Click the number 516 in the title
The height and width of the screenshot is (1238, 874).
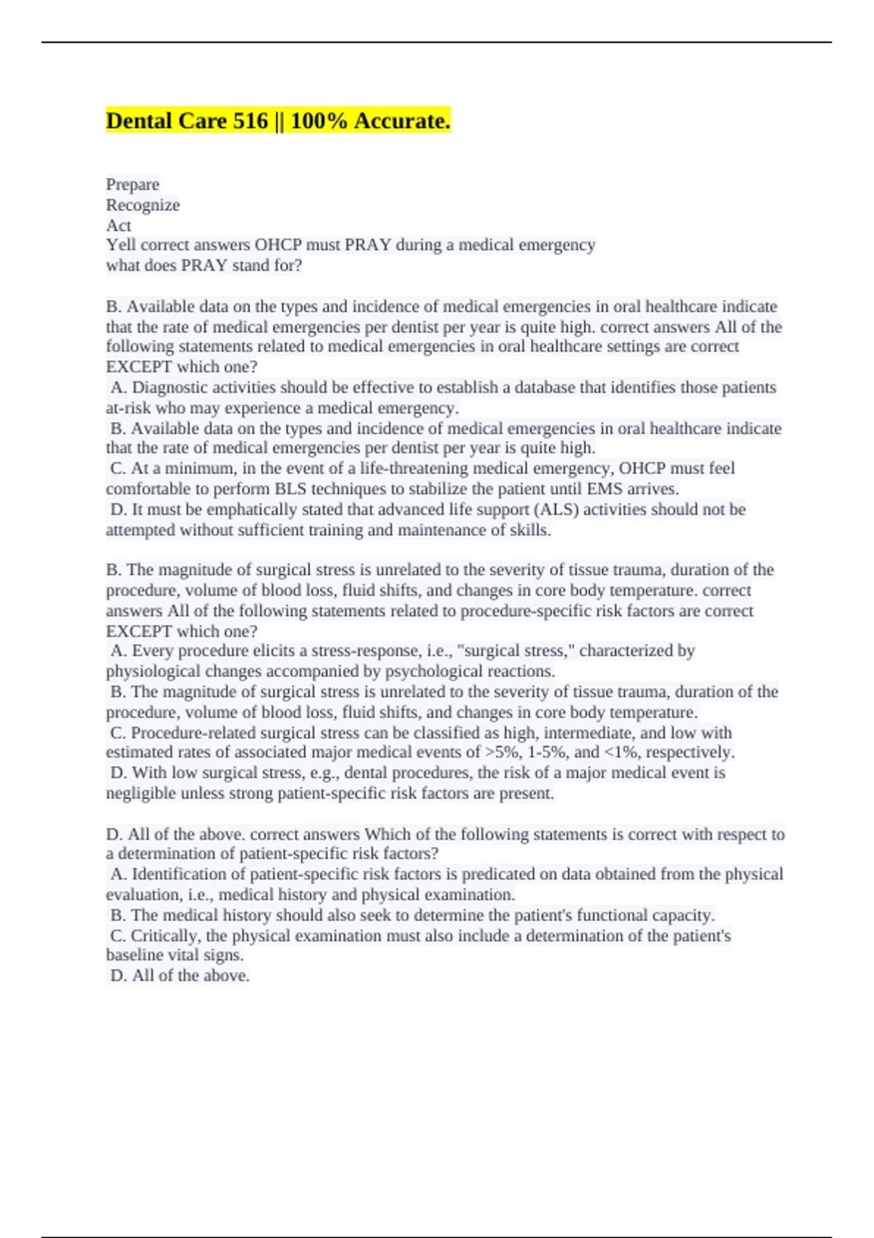pos(251,121)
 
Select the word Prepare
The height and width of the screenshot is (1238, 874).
pos(133,185)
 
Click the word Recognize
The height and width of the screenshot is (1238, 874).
pos(143,205)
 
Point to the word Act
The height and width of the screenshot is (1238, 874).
pos(119,226)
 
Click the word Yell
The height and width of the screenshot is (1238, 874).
pos(121,245)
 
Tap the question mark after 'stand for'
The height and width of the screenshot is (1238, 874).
pos(298,266)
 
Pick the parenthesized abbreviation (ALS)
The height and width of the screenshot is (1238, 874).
pos(557,510)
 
